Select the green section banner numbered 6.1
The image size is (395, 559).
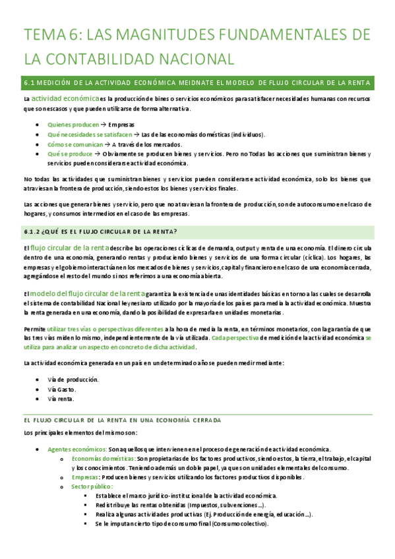click(198, 82)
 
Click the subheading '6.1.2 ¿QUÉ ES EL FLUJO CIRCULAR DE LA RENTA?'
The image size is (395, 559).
click(100, 230)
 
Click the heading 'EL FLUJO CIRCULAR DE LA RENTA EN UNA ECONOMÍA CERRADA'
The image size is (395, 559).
click(122, 419)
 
